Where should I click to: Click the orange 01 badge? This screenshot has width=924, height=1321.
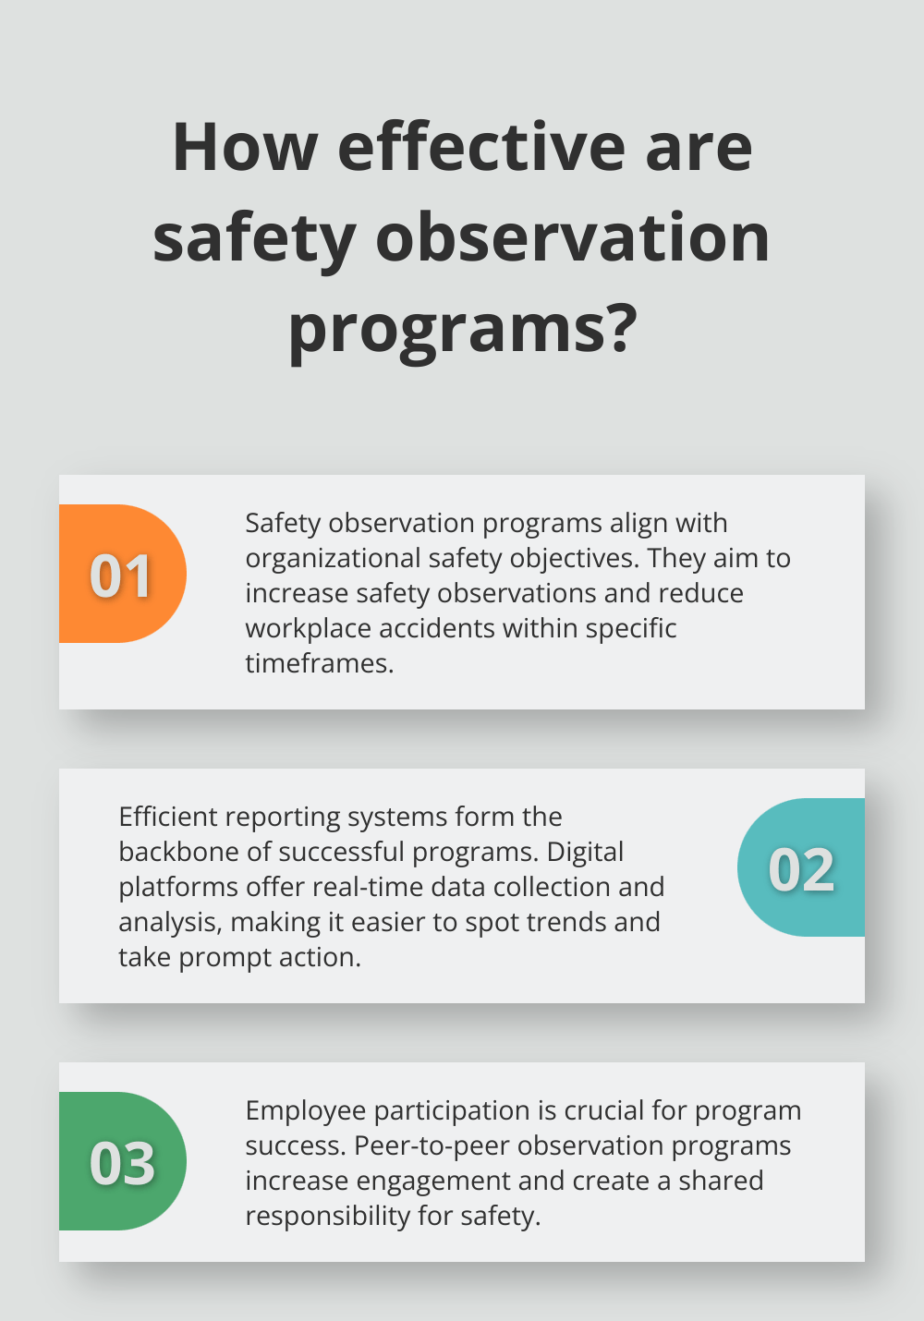(x=121, y=575)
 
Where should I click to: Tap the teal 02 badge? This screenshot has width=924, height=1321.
(x=801, y=868)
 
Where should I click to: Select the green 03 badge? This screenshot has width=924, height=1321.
(x=121, y=1162)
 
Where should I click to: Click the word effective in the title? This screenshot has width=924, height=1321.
(x=481, y=148)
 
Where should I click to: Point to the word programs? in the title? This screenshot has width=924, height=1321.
(x=462, y=328)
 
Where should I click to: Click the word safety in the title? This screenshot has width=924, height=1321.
(x=254, y=238)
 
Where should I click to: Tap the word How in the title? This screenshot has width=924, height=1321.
(x=245, y=148)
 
